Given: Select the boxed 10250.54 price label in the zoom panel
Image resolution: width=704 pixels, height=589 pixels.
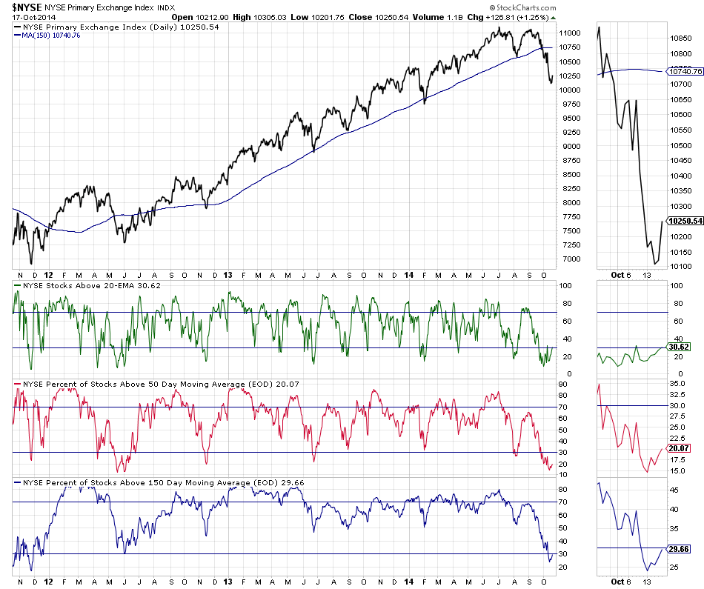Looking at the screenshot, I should pos(685,221).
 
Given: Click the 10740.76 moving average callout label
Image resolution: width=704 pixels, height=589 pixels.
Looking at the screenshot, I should pos(685,72).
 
